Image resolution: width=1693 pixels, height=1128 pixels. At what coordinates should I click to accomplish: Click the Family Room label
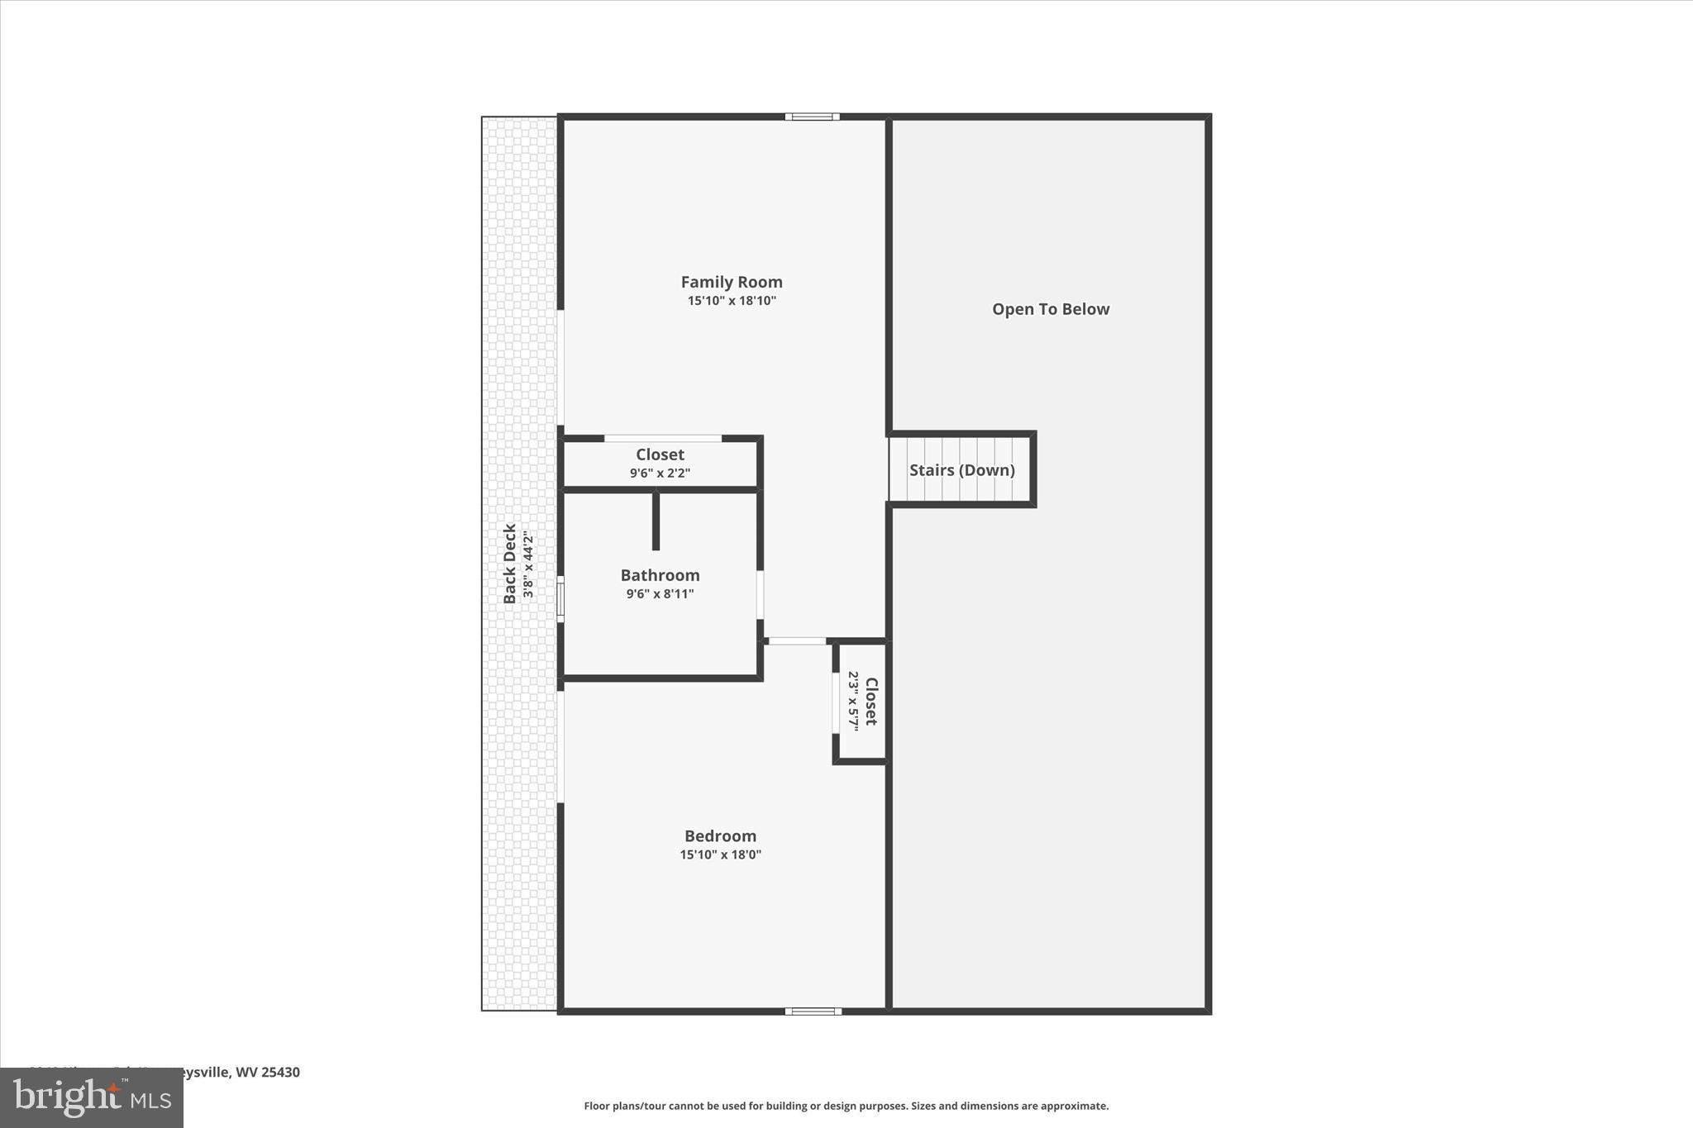point(732,283)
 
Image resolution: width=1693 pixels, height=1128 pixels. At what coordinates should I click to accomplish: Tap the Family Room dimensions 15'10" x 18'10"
point(732,301)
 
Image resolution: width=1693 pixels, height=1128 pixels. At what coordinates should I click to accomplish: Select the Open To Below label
point(1051,309)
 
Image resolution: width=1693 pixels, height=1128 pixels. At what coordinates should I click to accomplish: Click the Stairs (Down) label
point(961,470)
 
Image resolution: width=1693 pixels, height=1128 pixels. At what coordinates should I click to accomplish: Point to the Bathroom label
point(660,575)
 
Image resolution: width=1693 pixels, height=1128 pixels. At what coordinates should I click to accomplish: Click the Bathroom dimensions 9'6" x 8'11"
point(660,593)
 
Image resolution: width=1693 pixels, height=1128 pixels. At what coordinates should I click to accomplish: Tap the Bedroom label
point(720,836)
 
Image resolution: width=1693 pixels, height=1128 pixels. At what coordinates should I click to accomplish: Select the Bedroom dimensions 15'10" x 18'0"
point(720,854)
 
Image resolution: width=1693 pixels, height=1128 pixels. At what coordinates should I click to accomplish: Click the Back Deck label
point(510,564)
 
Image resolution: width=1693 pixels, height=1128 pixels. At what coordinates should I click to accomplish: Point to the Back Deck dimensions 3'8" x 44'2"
point(528,565)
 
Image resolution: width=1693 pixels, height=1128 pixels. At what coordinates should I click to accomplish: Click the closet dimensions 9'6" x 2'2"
point(660,474)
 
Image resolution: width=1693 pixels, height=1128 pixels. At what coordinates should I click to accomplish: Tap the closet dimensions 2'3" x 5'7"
point(853,701)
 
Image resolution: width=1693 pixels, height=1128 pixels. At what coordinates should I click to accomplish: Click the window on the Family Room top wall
point(812,117)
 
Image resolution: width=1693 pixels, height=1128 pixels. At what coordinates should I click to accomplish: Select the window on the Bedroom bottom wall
point(813,1011)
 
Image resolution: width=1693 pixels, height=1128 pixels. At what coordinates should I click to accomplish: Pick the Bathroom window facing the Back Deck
point(560,599)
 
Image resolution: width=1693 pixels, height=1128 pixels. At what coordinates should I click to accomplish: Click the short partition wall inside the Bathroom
point(656,521)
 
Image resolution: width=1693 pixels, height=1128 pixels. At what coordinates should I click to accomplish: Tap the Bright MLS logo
point(92,1097)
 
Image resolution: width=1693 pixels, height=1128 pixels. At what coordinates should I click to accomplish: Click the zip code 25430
point(280,1072)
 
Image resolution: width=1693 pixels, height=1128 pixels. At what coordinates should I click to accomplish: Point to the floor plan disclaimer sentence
point(846,1106)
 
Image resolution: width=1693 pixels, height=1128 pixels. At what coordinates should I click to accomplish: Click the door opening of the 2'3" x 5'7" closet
point(836,702)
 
